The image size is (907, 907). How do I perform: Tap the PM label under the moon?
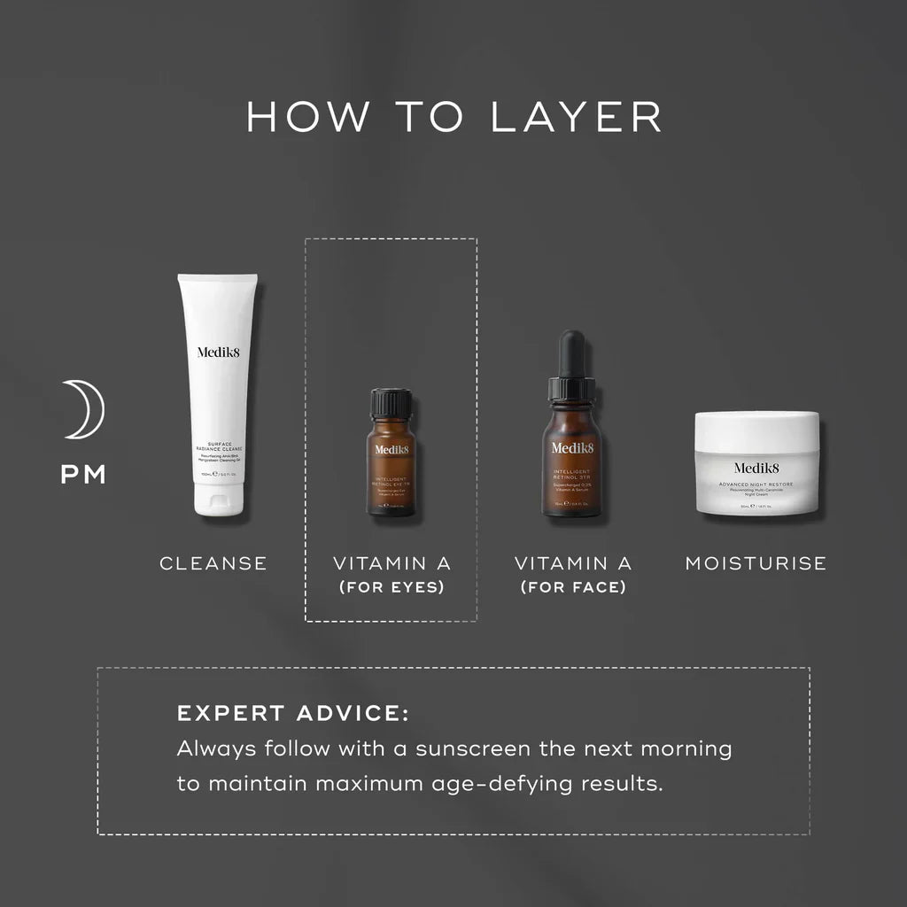coord(83,475)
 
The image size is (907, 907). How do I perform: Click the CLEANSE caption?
coord(213,563)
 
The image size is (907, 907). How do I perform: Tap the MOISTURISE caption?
coord(756,563)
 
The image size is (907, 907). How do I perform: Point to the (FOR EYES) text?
coord(391,587)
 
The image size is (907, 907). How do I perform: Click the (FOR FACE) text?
coord(573,587)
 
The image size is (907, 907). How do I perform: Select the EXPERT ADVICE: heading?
coord(293,714)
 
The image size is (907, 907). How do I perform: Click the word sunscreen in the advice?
coord(460,749)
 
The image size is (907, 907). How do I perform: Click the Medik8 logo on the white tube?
coord(218,353)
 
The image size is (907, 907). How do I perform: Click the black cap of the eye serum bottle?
coord(391,403)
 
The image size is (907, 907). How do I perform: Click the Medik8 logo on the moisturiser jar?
coord(756,469)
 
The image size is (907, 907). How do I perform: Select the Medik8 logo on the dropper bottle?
coord(573,447)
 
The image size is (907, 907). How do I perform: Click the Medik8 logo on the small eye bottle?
coord(391,450)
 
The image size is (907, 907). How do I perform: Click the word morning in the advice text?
coord(687,749)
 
